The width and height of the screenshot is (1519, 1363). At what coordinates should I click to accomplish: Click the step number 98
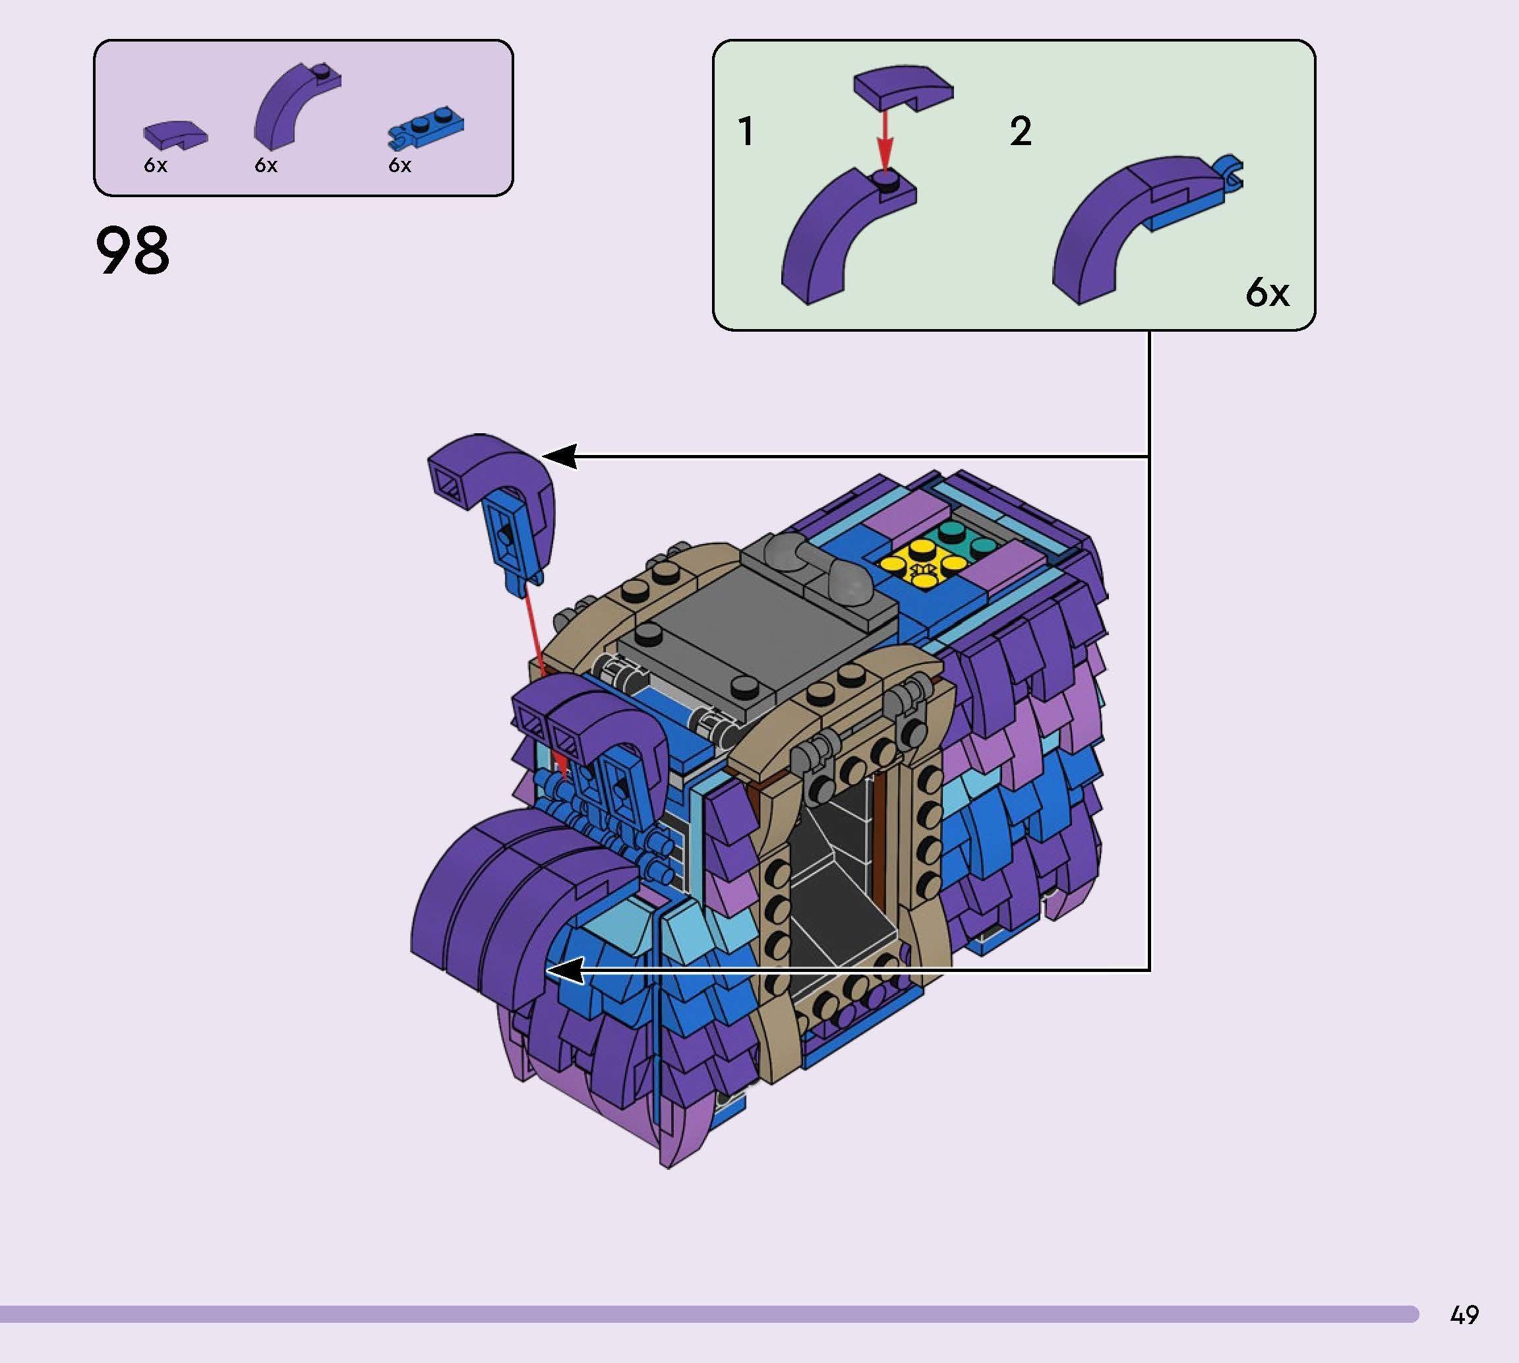click(x=133, y=253)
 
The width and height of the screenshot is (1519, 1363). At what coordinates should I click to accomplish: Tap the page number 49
click(x=1464, y=1314)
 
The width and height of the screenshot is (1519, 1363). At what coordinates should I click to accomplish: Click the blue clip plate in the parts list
click(x=426, y=129)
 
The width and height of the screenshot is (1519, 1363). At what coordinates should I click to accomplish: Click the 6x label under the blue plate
click(x=399, y=166)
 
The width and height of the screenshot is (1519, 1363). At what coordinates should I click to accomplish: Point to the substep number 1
click(x=746, y=132)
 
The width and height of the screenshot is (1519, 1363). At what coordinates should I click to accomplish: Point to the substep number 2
click(x=1021, y=132)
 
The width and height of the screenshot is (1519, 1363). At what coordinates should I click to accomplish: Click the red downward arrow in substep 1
click(x=885, y=142)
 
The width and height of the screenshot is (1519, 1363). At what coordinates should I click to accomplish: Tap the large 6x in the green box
click(x=1266, y=293)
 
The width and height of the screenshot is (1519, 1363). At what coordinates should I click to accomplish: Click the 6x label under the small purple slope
click(x=155, y=166)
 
